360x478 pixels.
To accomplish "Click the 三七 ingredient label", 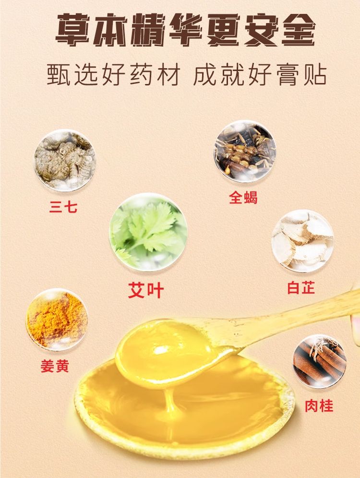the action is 63,207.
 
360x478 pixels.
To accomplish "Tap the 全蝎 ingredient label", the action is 243,197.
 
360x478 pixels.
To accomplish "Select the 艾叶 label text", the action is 146,290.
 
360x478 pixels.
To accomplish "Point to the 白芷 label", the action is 301,287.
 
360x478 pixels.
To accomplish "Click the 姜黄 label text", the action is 55,366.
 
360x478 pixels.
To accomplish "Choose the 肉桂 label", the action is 319,406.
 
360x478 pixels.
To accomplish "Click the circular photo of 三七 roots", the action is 65,160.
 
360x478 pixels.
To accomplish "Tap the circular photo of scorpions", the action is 245,151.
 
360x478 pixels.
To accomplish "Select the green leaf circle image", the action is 148,232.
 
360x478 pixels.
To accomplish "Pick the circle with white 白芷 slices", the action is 302,240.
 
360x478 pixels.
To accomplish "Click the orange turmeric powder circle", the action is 57,320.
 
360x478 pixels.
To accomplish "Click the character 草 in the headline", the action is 72,30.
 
